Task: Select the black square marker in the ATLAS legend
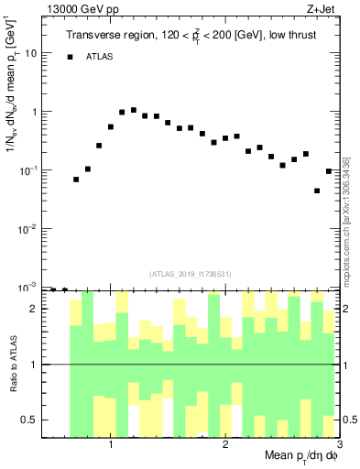pos(70,57)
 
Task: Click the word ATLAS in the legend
pos(102,57)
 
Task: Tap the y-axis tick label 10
pos(34,53)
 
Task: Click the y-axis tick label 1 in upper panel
pos(38,112)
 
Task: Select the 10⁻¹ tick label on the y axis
pos(32,169)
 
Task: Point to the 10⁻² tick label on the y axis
pos(32,228)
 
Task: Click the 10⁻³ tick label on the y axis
pos(32,287)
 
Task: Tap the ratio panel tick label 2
pos(38,309)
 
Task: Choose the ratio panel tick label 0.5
pos(33,420)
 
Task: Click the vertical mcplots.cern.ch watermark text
pos(346,219)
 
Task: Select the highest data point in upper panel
pos(134,110)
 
